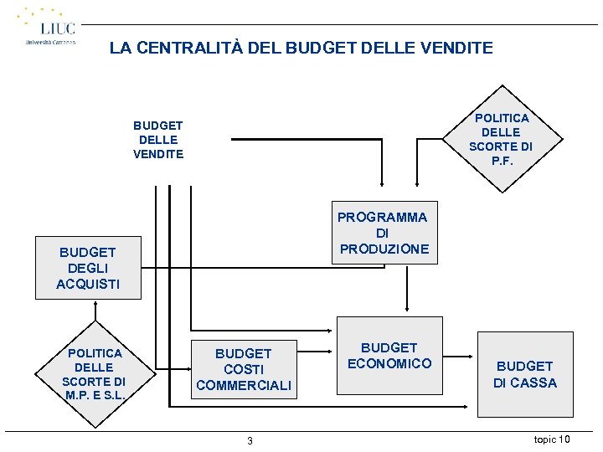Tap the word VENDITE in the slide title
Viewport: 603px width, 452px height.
(x=458, y=49)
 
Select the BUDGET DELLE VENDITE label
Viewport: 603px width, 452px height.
(x=157, y=140)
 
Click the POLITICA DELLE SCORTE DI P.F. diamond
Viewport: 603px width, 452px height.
(x=501, y=140)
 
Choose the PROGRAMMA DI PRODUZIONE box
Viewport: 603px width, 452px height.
(x=383, y=233)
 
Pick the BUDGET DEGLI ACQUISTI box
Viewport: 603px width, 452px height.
(x=87, y=268)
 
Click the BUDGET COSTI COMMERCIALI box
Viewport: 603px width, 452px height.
(x=244, y=369)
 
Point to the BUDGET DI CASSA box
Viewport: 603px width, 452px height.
(x=524, y=374)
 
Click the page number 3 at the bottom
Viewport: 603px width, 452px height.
(x=250, y=441)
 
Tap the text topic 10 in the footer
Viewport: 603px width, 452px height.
(x=552, y=439)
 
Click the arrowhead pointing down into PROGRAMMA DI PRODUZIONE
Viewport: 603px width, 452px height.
(x=381, y=198)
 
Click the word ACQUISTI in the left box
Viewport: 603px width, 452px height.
(x=87, y=284)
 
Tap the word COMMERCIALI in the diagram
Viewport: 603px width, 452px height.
(x=244, y=385)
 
